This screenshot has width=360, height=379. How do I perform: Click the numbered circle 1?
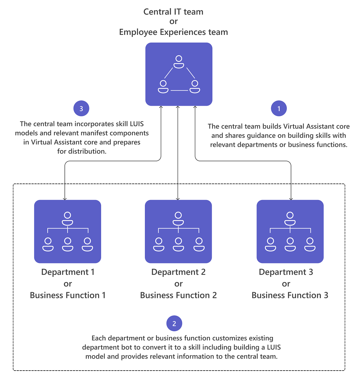coord(279,108)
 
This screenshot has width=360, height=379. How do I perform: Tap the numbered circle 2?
coord(174,323)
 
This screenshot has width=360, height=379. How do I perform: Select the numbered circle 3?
coord(81,108)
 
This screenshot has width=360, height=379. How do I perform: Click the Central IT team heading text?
coord(173,12)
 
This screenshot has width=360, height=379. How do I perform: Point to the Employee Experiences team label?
coord(173,32)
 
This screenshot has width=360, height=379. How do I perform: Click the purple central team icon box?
coord(179,74)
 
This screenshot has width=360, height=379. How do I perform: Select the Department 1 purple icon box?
coord(67,231)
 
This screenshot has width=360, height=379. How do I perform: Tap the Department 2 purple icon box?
coord(178,231)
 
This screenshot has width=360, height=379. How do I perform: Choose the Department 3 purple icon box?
coord(290,231)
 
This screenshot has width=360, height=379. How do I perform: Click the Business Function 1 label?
coord(68,296)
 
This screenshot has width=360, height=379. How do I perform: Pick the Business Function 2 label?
coord(178,296)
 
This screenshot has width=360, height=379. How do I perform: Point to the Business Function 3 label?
coord(290,296)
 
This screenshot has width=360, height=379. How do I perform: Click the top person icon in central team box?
coord(179,62)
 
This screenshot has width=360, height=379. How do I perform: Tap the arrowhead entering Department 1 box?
coord(65,199)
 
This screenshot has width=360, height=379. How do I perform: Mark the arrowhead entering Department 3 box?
coord(291,199)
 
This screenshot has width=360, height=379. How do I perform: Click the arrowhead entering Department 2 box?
coord(178,199)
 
